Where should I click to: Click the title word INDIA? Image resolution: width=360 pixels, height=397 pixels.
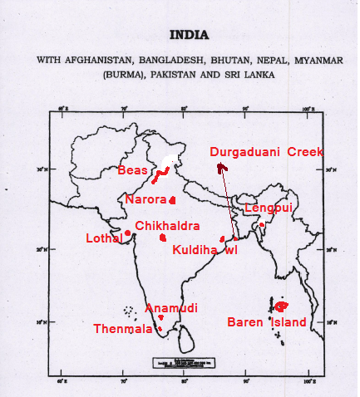coord(189,35)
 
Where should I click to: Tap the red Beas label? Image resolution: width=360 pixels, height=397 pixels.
coord(133,170)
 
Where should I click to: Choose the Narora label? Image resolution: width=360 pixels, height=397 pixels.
coord(145,199)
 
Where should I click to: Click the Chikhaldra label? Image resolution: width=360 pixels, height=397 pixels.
coord(167,226)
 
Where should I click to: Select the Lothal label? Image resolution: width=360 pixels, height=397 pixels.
coord(104,238)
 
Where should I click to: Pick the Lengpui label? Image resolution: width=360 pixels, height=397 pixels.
coord(269,208)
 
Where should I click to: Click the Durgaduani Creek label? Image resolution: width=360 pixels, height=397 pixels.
coord(267,152)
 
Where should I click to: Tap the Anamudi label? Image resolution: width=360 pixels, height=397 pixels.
coord(171,307)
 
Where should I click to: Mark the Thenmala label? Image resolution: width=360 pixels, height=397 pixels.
coord(123,329)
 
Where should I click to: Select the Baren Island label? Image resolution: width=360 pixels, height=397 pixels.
coord(267,322)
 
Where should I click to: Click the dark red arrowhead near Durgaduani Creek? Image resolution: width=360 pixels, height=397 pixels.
coord(220,169)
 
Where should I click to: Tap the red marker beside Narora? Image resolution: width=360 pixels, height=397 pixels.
coord(172,200)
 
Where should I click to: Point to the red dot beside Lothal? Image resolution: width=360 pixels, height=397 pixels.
coord(127,233)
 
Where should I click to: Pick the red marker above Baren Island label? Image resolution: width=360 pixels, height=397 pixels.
coord(280,306)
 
